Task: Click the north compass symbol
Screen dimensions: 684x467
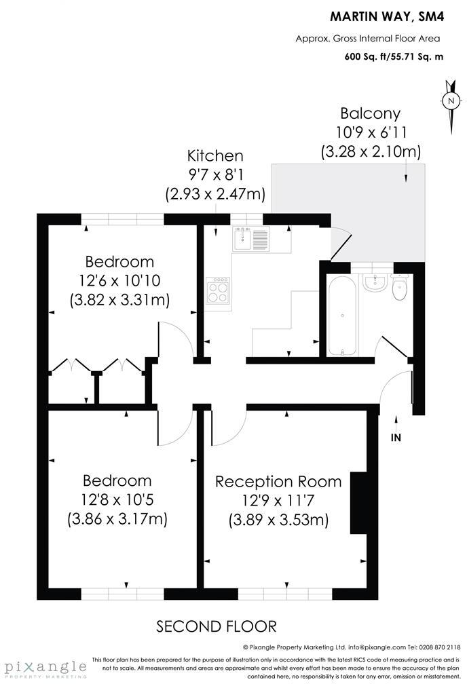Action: [451, 102]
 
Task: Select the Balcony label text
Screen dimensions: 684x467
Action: [370, 113]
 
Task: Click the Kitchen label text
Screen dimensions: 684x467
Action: [215, 156]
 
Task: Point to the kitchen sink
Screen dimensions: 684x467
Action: [250, 239]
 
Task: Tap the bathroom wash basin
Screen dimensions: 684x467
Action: [374, 282]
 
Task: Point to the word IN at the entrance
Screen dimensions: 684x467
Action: [396, 438]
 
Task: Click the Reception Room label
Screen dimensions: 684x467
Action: [278, 482]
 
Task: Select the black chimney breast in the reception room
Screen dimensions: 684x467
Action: [358, 503]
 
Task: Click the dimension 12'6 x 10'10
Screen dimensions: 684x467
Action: [119, 280]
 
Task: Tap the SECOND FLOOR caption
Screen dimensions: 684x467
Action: [217, 626]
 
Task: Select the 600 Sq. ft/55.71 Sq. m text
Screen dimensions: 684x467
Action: [394, 57]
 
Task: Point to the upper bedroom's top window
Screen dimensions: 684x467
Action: [122, 218]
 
